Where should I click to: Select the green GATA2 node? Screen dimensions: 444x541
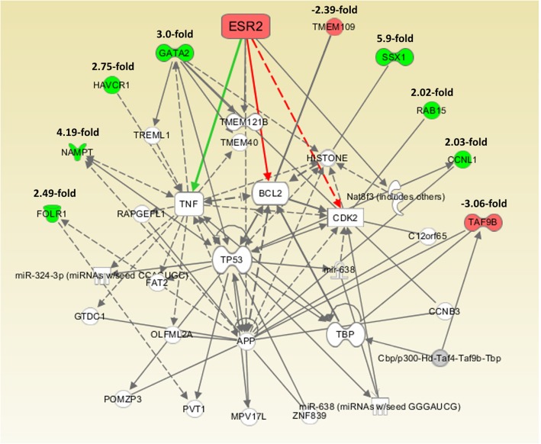point(173,53)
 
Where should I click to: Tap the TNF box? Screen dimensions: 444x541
point(188,204)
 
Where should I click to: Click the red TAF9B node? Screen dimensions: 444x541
point(484,221)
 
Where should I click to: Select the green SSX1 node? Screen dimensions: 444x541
point(394,57)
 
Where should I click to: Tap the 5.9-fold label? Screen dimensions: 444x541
point(394,38)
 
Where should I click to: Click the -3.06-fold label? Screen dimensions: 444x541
point(482,203)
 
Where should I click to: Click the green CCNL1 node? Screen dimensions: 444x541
point(459,160)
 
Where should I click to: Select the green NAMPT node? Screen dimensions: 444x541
point(76,151)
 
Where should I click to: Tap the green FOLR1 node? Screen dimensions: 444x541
point(52,211)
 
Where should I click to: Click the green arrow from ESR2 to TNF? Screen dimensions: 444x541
point(218,118)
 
